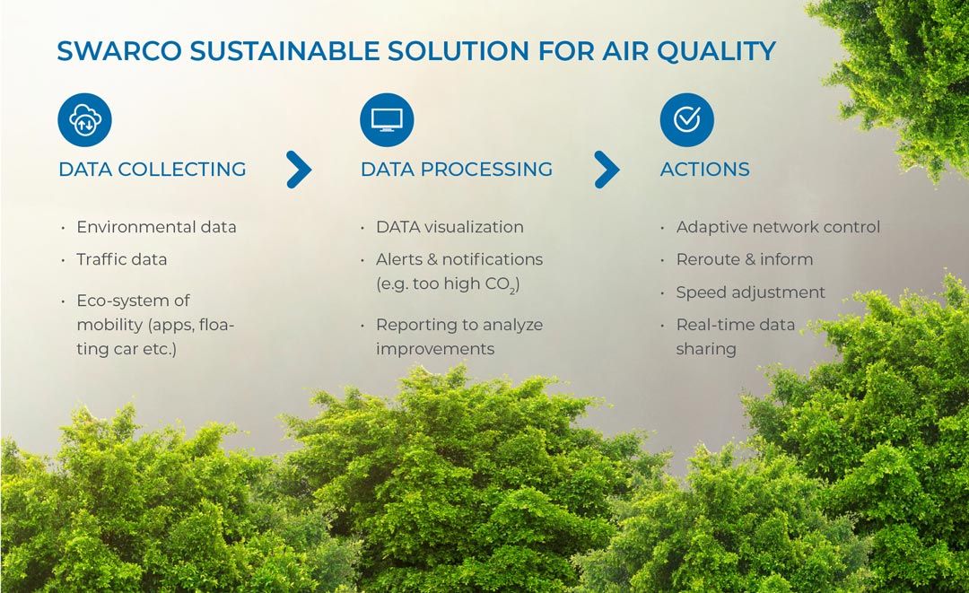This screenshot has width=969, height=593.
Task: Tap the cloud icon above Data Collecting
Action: pos(84,120)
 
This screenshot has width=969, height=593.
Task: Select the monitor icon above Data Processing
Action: pos(387,120)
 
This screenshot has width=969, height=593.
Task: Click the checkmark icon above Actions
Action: pos(686,120)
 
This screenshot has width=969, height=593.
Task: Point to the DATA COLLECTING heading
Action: pos(152,170)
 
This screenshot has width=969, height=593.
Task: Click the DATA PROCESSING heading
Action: pos(457,170)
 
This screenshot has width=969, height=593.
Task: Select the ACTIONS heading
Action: pos(705,170)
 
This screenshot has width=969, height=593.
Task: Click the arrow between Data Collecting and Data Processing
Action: pos(300,170)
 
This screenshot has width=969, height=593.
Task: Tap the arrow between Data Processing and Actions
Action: pos(607,170)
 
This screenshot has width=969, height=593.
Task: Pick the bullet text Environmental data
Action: pos(156,227)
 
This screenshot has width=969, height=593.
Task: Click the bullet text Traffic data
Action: pos(122,259)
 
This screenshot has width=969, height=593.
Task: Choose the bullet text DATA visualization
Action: pos(450,227)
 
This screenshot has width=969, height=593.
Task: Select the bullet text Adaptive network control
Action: pos(778,227)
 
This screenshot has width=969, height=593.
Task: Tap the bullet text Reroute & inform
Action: pos(745,259)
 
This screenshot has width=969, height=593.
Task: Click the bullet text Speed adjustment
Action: pos(750,292)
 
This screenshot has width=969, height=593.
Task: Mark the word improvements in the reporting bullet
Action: pos(436,350)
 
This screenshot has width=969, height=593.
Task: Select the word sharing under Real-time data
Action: pos(706,350)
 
